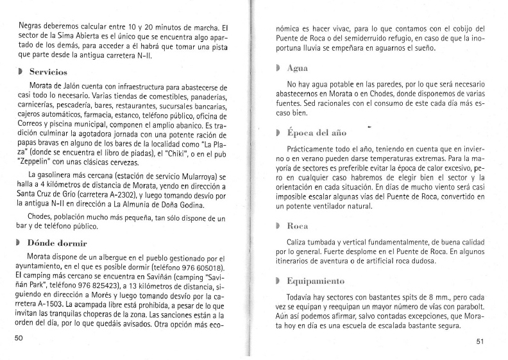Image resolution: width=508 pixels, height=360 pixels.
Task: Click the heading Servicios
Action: tap(49, 71)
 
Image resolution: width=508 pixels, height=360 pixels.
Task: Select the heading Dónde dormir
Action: tap(58, 243)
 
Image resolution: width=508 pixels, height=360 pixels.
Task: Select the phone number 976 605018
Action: tap(201, 268)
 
